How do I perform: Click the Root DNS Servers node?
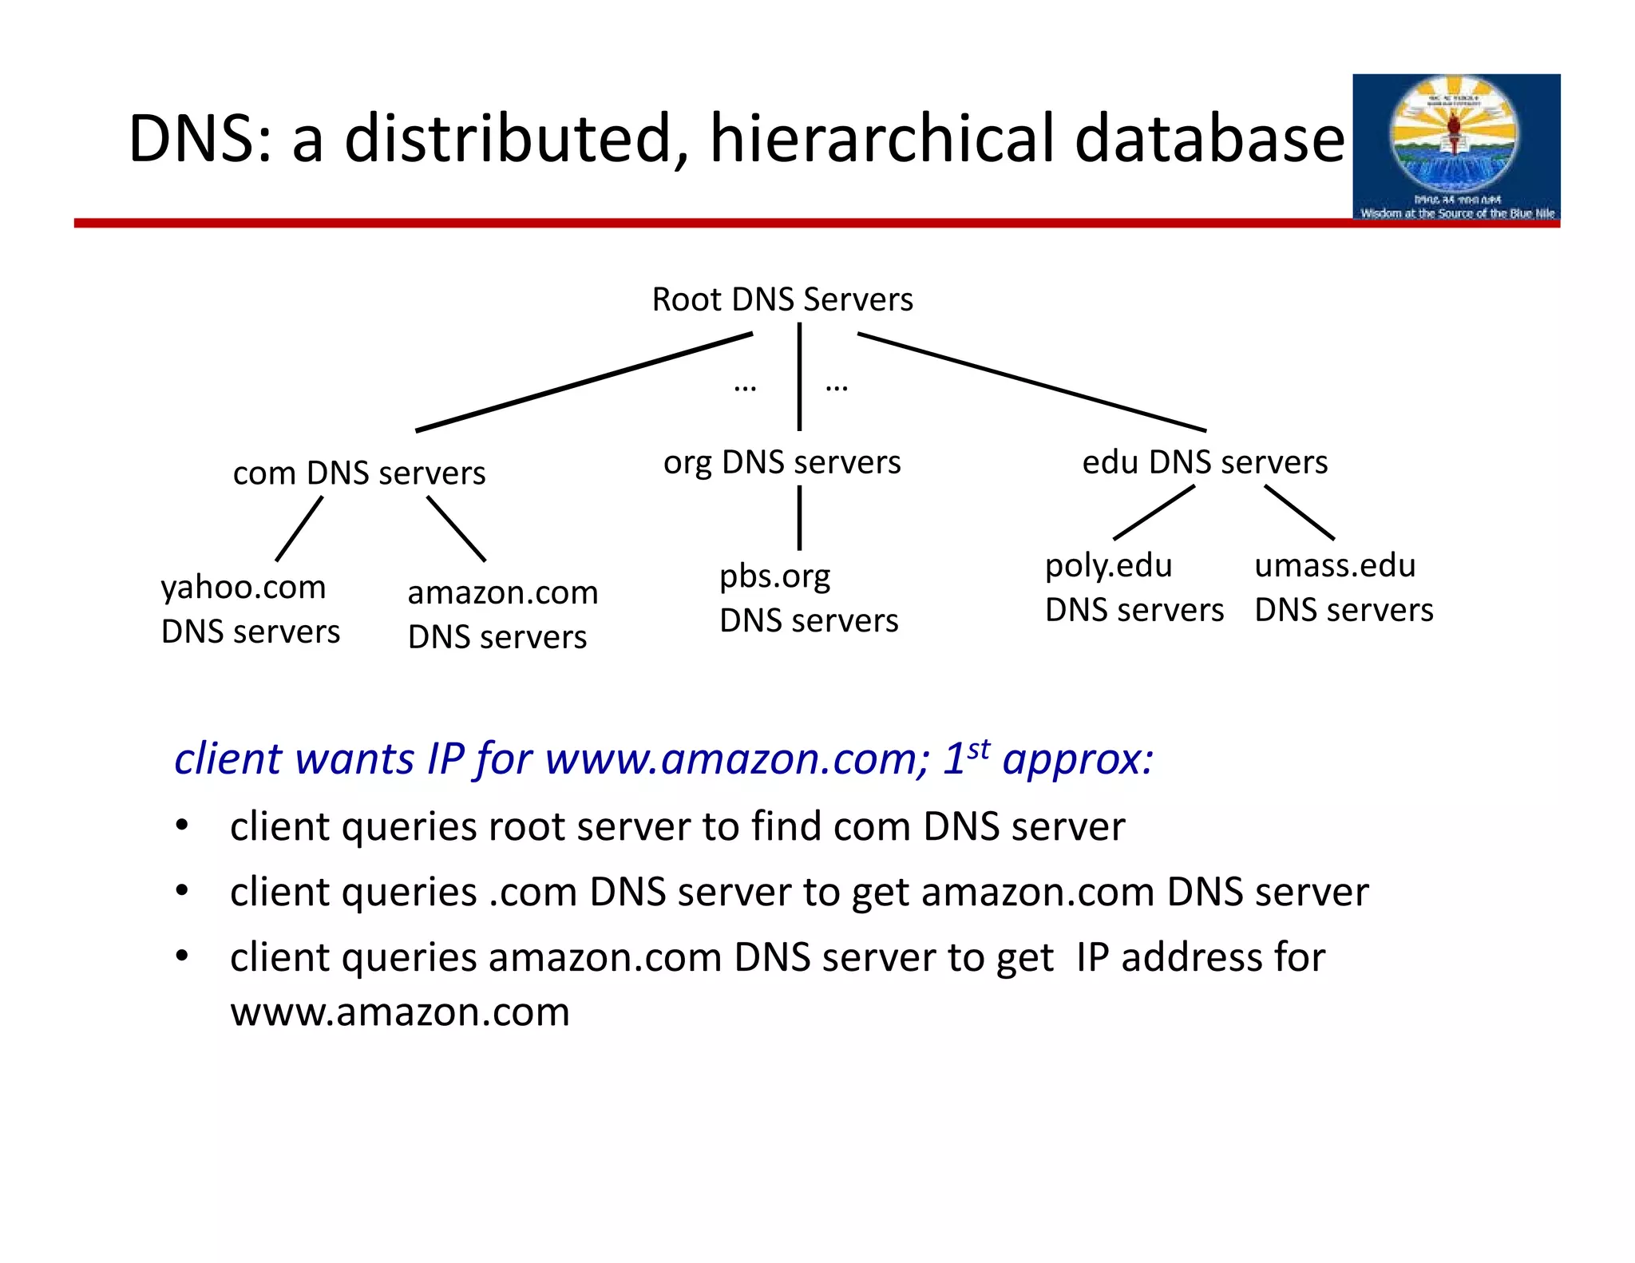[x=782, y=299]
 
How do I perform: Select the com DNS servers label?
[x=359, y=473]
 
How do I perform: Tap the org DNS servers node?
[x=782, y=462]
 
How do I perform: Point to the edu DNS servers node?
[x=1205, y=462]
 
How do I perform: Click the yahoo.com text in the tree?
[x=243, y=588]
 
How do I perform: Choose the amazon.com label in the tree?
[x=502, y=592]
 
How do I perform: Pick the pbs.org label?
[x=774, y=576]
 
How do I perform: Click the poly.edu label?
[x=1108, y=566]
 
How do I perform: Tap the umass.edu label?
[x=1335, y=566]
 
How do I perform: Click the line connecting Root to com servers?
[x=584, y=382]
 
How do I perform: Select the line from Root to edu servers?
[x=1031, y=382]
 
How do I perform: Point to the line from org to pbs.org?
[x=799, y=518]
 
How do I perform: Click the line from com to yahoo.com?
[x=299, y=529]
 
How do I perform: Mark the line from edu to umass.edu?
[x=1299, y=513]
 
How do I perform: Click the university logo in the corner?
[x=1455, y=147]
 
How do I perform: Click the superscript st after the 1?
[x=979, y=749]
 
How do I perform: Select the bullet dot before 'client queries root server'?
[x=182, y=825]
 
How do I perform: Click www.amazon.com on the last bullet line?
[x=400, y=1012]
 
